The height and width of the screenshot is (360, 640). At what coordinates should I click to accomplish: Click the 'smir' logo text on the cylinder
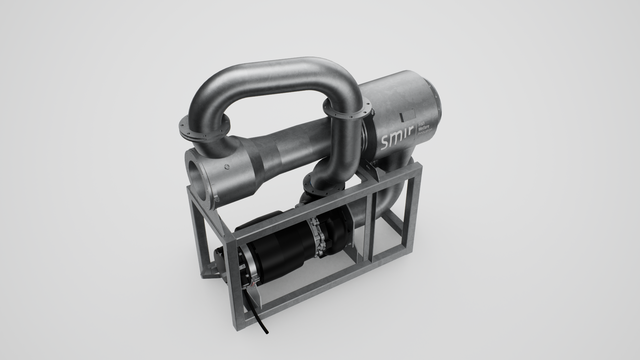pyautogui.click(x=397, y=139)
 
